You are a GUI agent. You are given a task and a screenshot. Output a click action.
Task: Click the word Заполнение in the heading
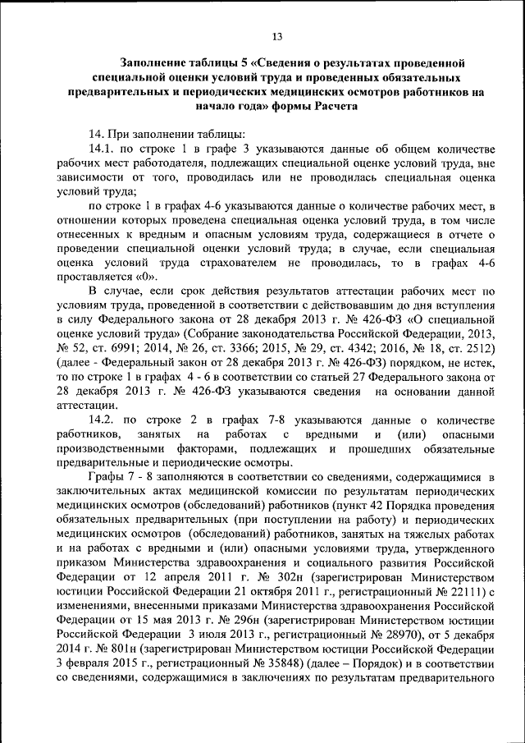153,63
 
